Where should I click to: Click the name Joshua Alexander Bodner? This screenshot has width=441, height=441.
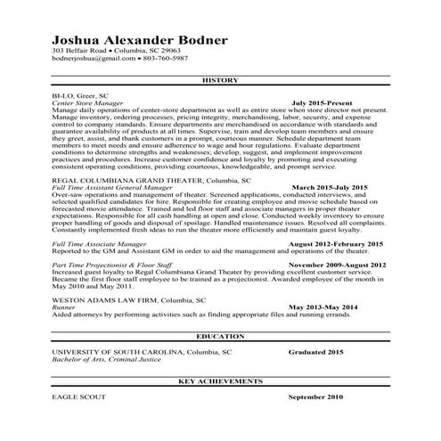[x=139, y=40]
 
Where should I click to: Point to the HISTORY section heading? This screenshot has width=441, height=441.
[x=220, y=80]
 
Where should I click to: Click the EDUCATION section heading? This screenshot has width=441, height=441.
[x=220, y=336]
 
